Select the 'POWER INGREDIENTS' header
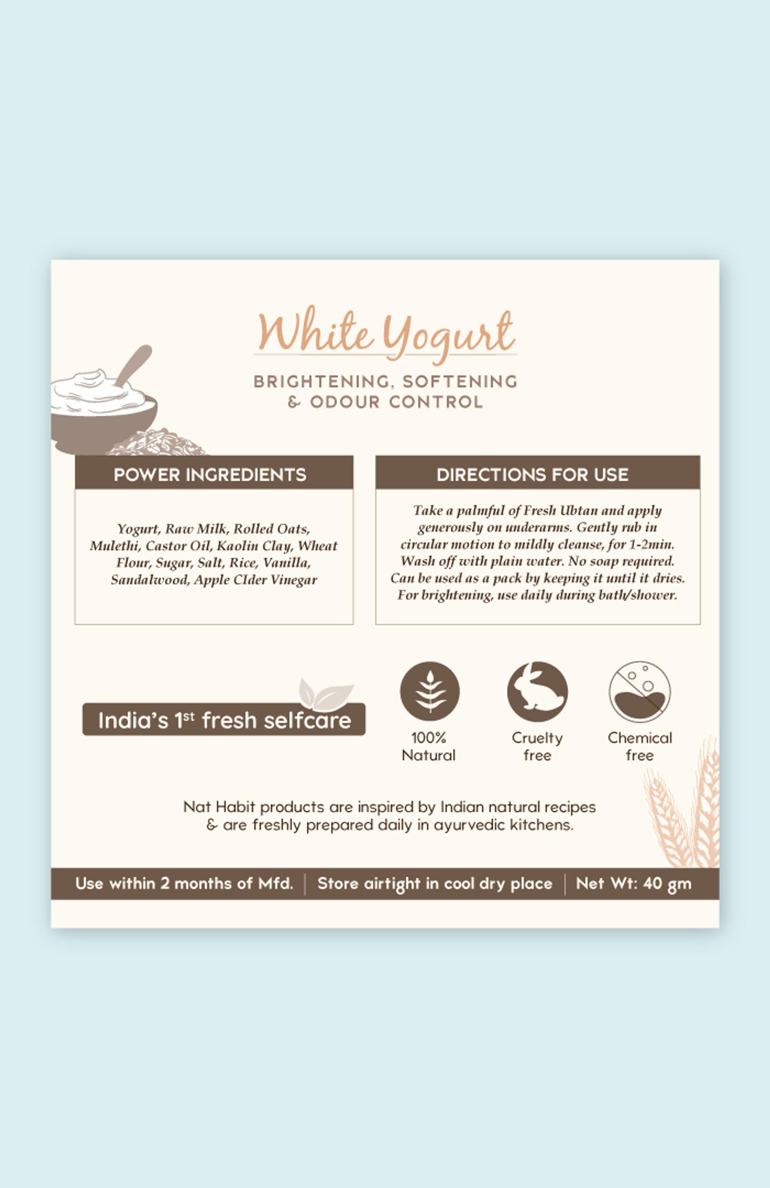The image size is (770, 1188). click(210, 474)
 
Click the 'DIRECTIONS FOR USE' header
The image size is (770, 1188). click(533, 474)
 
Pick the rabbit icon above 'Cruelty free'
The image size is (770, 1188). click(537, 691)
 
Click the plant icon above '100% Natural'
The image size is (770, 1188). click(430, 691)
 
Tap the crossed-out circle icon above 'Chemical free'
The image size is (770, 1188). click(640, 691)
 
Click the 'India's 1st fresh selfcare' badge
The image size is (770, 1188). click(224, 719)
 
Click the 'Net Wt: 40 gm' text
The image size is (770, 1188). click(634, 884)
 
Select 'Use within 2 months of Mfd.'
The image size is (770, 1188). click(184, 884)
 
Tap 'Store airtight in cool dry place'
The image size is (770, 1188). click(435, 884)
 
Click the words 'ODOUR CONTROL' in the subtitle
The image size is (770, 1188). click(397, 402)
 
